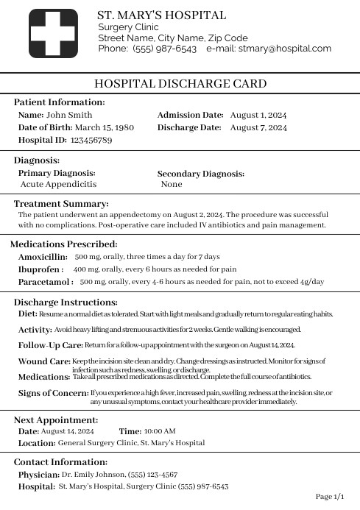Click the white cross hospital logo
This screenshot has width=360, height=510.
[x=53, y=34]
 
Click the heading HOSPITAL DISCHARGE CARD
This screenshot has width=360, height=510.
[x=180, y=84]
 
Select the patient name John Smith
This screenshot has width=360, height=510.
[x=69, y=115]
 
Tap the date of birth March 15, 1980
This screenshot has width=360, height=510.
[x=104, y=127]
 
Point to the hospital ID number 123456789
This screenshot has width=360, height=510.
[x=91, y=140]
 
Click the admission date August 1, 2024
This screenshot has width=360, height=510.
[x=258, y=115]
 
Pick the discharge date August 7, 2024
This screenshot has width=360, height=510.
[x=258, y=127]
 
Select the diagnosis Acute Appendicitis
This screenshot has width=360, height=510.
[x=58, y=184]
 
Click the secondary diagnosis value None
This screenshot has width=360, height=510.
[x=172, y=184]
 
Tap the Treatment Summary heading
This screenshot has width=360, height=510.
[x=61, y=204]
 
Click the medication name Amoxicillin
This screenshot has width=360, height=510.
[x=43, y=257]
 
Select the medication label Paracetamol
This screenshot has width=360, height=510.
[x=46, y=282]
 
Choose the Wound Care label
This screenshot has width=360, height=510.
[x=44, y=361]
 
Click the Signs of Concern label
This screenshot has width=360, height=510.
[x=53, y=393]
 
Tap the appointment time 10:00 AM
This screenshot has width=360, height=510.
[x=160, y=431]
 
